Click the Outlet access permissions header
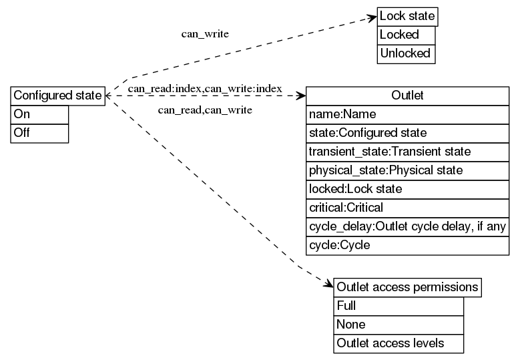click(x=407, y=288)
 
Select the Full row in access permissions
click(x=398, y=307)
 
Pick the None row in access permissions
click(x=398, y=325)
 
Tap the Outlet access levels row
click(x=398, y=344)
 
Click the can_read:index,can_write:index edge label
click(x=205, y=88)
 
